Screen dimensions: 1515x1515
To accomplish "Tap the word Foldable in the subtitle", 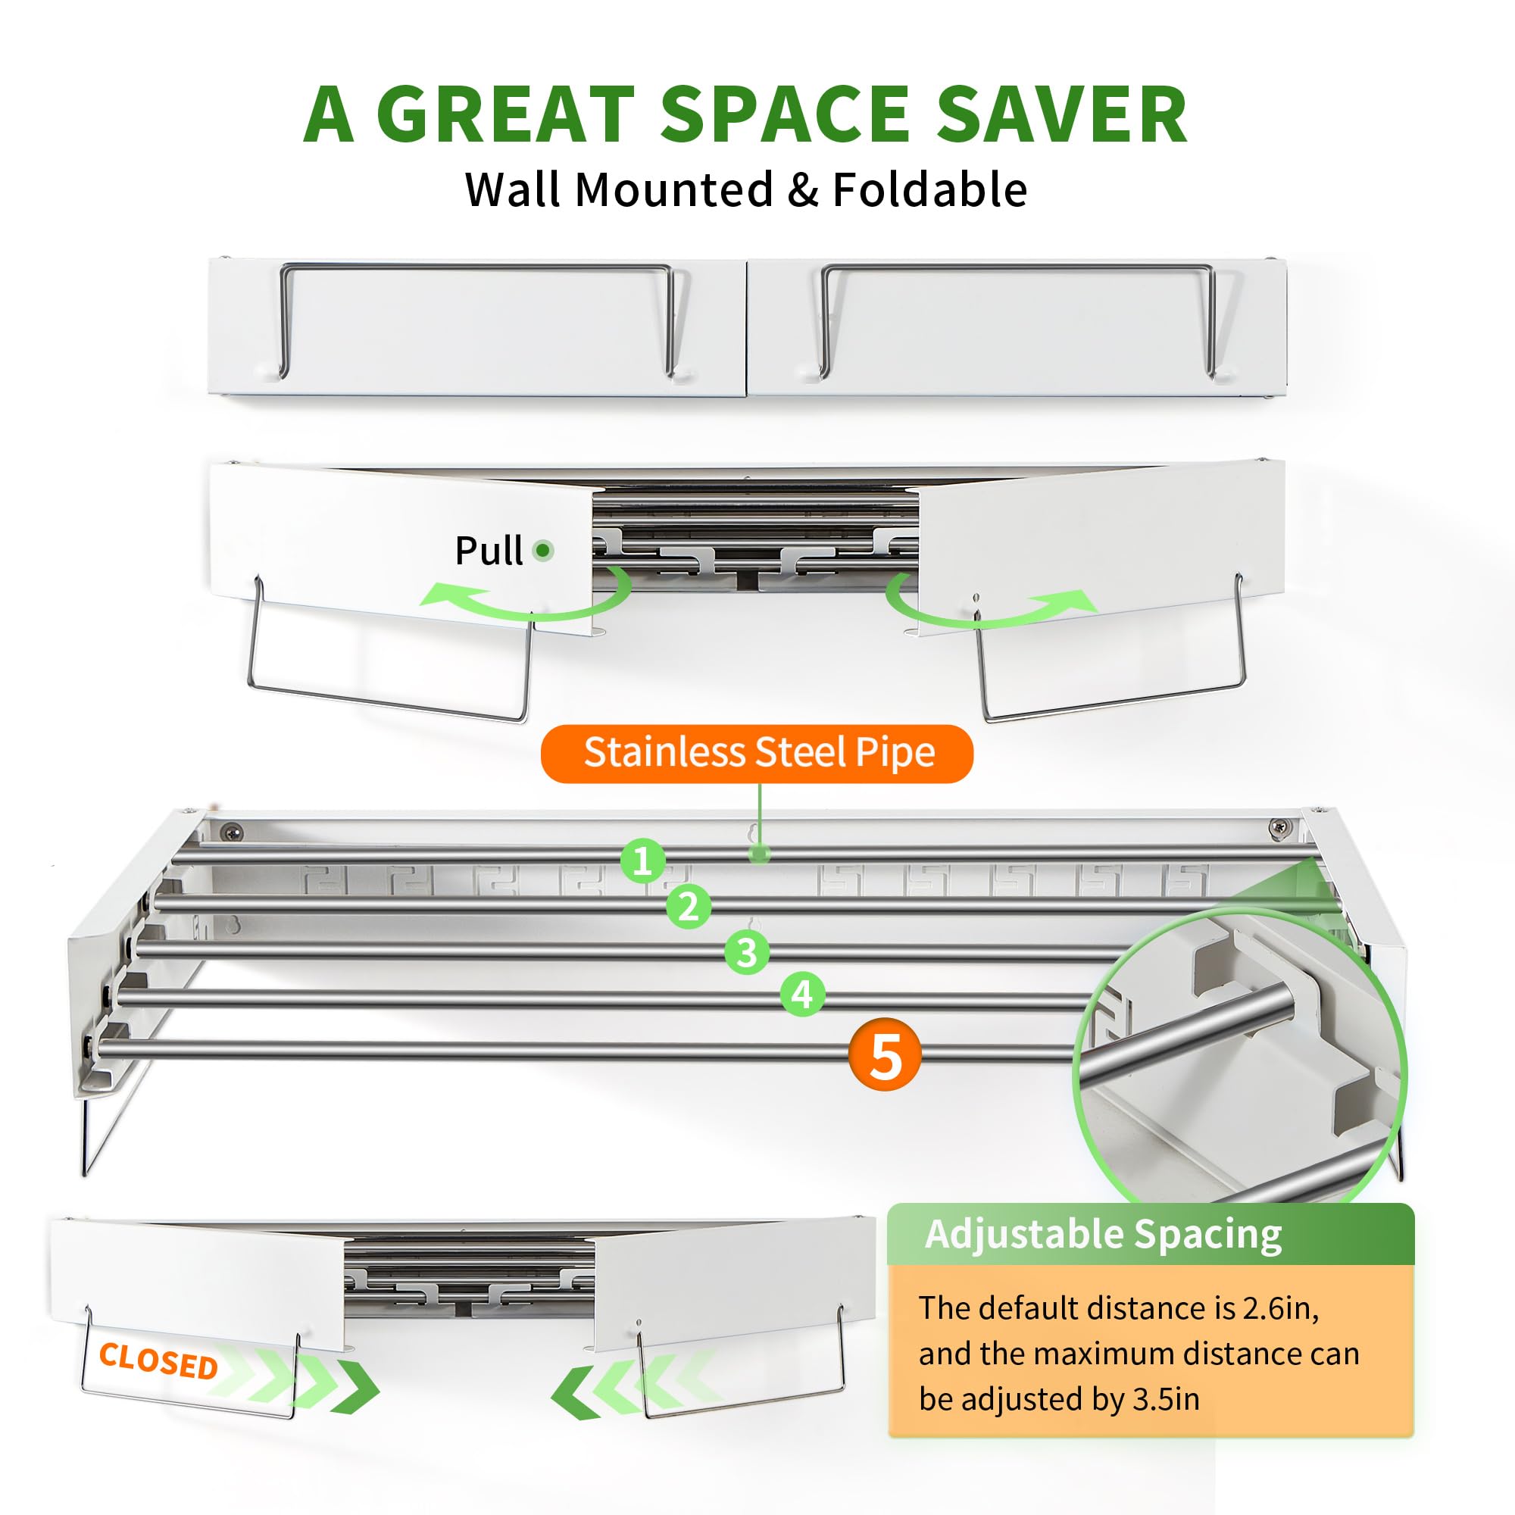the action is (929, 190).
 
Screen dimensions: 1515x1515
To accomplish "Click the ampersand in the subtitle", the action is (802, 191).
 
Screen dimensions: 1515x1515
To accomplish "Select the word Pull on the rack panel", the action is (489, 551).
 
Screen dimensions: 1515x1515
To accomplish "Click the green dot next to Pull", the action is (542, 551).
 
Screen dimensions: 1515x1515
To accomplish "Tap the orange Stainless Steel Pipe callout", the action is (757, 754).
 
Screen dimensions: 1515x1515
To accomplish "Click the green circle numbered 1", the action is (643, 861).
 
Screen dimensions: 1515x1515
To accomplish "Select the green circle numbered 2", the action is (689, 907).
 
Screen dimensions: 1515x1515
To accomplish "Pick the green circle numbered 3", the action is (747, 953).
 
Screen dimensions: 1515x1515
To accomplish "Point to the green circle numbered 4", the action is (802, 995).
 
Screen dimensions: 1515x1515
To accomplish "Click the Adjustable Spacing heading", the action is (1104, 1233).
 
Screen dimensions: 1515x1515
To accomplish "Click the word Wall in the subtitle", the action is (514, 190).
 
